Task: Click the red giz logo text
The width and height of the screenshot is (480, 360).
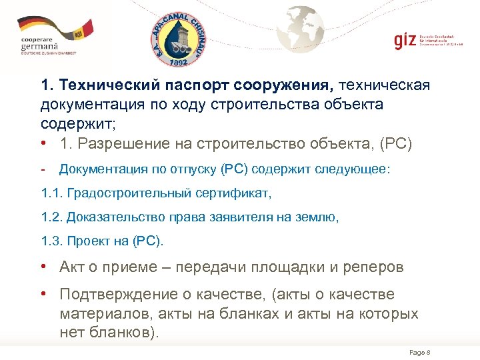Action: coord(404,39)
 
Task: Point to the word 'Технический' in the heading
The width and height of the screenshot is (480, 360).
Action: coord(102,86)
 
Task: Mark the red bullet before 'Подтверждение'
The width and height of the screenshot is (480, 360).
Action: coord(43,294)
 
